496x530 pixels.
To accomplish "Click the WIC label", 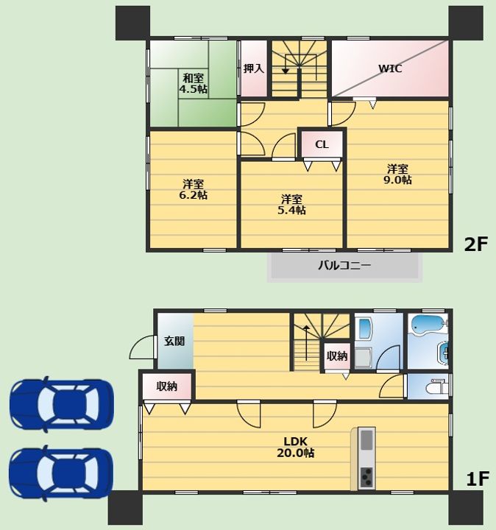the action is point(390,68).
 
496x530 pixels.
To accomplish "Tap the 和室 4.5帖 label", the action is point(193,83).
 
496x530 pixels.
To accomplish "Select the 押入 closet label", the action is point(253,68).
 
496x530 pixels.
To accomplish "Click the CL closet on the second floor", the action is point(322,145).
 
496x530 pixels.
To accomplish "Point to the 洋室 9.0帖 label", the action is point(397,174).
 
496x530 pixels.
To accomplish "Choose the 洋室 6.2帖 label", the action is point(194,190).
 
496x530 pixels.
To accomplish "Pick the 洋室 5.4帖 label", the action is point(291,205).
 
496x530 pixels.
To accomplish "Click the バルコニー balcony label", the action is point(344,265).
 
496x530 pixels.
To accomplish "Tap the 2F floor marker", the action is point(476,244).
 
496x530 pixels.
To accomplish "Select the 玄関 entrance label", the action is point(174,341).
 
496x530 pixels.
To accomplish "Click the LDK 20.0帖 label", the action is point(295,448).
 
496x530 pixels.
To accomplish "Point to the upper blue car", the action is point(62,404).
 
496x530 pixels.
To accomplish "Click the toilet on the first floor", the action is point(438,386).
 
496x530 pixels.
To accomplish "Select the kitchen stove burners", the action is point(366,477).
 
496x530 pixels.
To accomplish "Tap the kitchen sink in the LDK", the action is point(366,439).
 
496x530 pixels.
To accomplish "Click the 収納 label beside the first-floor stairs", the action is point(337,356).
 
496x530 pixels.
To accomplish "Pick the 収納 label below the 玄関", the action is point(167,386).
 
